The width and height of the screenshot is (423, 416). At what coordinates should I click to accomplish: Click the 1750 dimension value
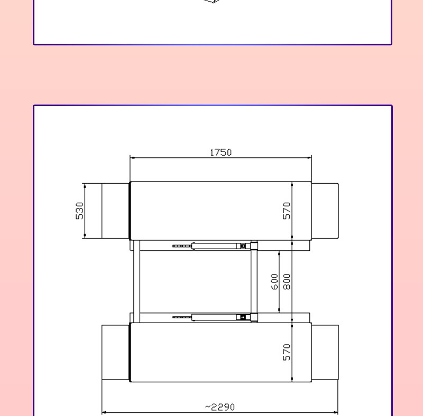pos(220,153)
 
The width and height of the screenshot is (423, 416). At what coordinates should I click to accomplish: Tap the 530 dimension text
pos(80,211)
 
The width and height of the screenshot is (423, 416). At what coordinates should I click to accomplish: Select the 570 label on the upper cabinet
pos(287,211)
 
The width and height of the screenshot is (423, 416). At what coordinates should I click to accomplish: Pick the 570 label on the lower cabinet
pos(287,352)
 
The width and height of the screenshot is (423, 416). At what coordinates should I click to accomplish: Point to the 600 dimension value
pos(274,281)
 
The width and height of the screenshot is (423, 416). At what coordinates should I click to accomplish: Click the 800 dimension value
pos(287,281)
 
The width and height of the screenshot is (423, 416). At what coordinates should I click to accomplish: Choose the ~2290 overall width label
pos(220,407)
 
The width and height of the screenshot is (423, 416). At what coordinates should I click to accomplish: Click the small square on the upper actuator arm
pos(243,246)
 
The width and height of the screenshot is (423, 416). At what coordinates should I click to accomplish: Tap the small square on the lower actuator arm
pos(243,317)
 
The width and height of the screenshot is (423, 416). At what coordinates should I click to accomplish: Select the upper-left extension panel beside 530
pos(115,211)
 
